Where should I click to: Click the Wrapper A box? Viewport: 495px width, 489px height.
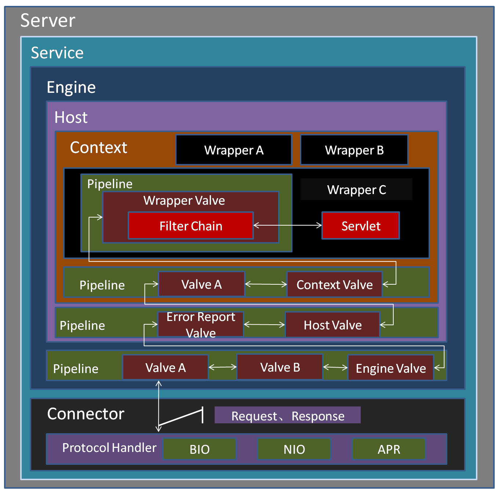[234, 150]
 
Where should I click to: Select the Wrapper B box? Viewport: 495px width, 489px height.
[354, 150]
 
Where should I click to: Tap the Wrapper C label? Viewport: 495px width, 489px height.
[356, 190]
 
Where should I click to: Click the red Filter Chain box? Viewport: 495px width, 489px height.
[191, 226]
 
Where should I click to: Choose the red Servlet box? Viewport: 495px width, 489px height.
[361, 226]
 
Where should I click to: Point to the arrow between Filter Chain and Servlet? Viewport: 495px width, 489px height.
[288, 225]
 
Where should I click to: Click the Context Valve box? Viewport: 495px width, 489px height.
[334, 285]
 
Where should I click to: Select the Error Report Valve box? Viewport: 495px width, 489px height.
[201, 325]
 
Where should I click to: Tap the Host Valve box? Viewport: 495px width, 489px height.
[332, 325]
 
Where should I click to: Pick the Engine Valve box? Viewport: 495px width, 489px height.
[391, 368]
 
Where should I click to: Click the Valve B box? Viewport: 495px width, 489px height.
[280, 367]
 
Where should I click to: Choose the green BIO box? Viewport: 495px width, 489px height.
[200, 449]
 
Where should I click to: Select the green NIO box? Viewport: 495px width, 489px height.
[294, 449]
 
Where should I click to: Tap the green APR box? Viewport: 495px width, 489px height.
[389, 449]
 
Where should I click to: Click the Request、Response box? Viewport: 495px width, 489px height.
[288, 416]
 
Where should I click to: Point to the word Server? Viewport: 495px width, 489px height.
[48, 20]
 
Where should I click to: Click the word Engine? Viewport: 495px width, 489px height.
[71, 87]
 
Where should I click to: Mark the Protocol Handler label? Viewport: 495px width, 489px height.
[109, 448]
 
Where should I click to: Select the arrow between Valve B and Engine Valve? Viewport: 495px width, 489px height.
[335, 367]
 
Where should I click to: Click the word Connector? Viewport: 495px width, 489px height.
[86, 414]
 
